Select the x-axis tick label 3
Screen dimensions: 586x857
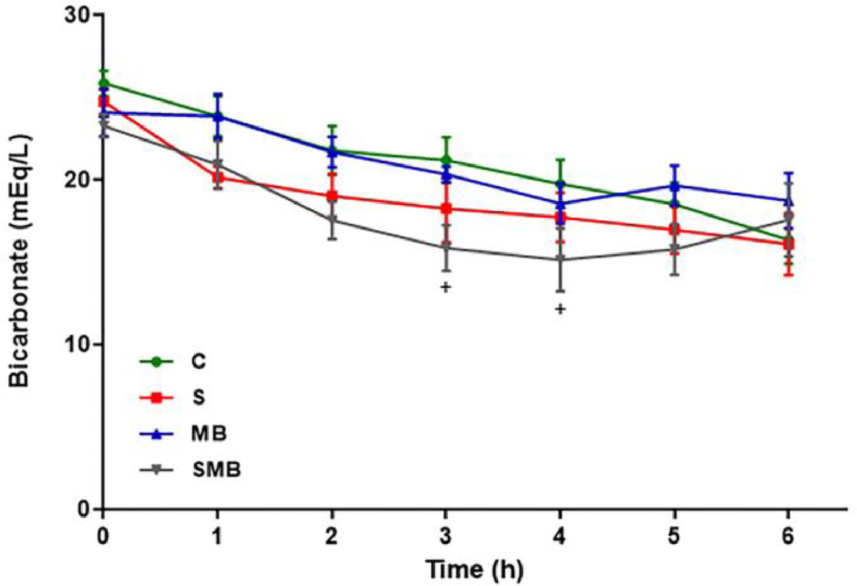click(x=445, y=537)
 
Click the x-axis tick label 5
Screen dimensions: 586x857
click(x=674, y=537)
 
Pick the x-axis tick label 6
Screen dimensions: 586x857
click(x=788, y=537)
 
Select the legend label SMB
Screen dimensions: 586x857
click(x=216, y=469)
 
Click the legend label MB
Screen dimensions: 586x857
click(x=209, y=433)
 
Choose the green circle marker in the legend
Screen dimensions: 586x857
click(x=157, y=361)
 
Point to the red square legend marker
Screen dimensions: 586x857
click(x=157, y=397)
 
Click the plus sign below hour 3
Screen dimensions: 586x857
click(x=445, y=287)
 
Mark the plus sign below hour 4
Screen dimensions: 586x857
click(x=560, y=309)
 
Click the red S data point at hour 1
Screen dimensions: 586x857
click(x=217, y=178)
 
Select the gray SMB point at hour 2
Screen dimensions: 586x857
click(x=332, y=219)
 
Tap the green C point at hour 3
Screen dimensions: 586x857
click(x=446, y=160)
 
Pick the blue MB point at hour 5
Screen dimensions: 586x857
click(x=674, y=186)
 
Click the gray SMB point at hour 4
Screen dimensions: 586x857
click(x=560, y=260)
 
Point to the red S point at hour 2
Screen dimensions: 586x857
click(x=332, y=196)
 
